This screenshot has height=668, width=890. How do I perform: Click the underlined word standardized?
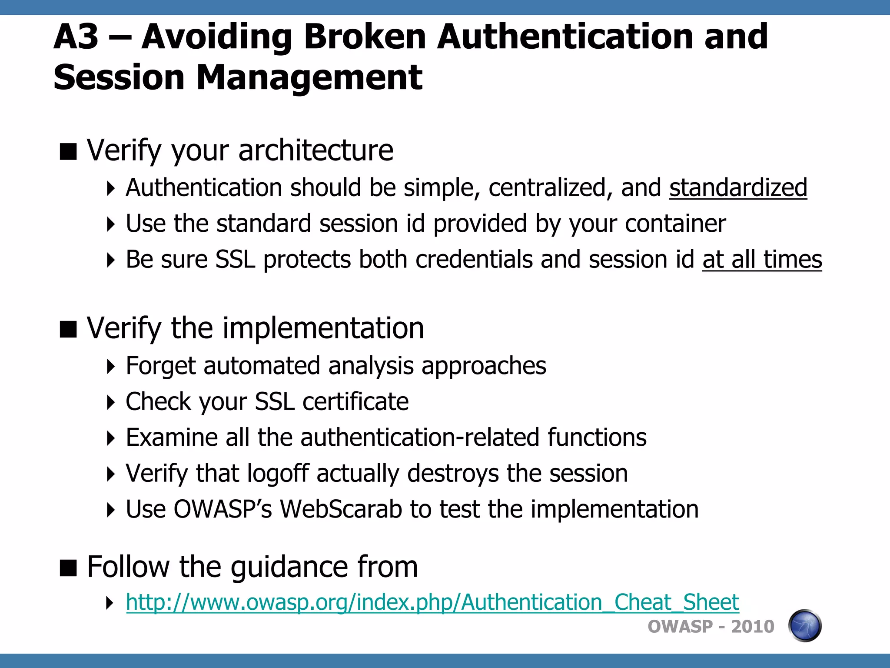coord(738,188)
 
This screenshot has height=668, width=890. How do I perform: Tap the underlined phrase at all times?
coord(762,260)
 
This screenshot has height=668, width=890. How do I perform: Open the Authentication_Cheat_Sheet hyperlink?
coord(432,603)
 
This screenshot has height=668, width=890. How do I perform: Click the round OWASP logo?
coord(804,626)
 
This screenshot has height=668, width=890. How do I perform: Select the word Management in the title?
coord(309,78)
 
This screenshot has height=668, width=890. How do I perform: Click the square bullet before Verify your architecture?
coord(68,152)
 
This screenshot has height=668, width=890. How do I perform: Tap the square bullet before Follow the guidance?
coord(68,568)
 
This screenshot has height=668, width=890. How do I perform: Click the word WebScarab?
coord(341,509)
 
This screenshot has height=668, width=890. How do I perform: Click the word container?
coord(675,224)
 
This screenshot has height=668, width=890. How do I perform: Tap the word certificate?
coord(355,401)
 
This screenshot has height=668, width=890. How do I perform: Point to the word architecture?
coord(316,150)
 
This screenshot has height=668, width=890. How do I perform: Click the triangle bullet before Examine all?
coord(111,438)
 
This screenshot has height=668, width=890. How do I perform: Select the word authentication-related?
coord(419,438)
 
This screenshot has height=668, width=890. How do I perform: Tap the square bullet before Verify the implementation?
coord(68,329)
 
